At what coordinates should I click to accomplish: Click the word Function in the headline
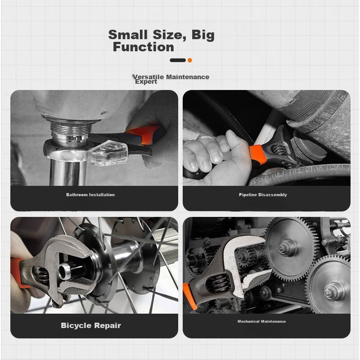(144, 47)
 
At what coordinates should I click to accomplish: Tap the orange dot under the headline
(189, 60)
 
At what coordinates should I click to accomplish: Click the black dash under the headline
(178, 60)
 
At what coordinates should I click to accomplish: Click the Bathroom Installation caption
(90, 195)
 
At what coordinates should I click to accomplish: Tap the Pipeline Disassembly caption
(263, 195)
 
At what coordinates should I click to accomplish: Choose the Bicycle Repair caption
(91, 325)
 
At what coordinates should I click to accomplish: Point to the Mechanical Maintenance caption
(262, 321)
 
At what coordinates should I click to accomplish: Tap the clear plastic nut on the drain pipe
(108, 152)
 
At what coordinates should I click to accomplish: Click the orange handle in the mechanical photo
(189, 296)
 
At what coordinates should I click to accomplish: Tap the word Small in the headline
(128, 35)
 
